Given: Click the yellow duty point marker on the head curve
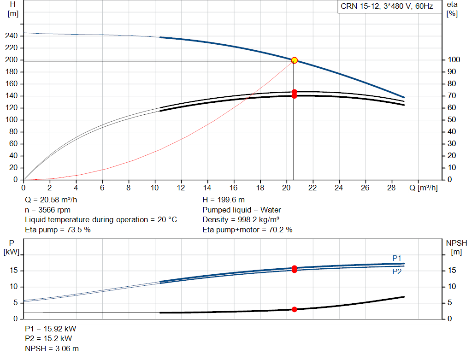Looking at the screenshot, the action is coord(295,60).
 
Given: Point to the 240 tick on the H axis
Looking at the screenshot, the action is coord(12,36).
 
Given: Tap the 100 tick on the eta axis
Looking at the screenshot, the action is coord(454,59).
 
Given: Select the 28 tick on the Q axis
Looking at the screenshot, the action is coord(391,188).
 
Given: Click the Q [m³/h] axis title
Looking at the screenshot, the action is coord(424,188).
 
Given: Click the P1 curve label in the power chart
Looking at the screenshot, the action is coord(397,258).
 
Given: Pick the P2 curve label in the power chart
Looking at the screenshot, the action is coord(397,271).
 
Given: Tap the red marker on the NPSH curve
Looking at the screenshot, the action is coord(295,309).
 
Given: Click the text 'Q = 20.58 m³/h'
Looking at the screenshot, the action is coord(51,200).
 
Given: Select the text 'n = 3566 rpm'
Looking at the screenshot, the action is coord(47,210).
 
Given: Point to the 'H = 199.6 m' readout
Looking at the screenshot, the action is coord(224,200).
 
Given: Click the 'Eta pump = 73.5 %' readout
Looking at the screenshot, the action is coord(58,230).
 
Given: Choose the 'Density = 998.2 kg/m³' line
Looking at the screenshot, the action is coord(241,220).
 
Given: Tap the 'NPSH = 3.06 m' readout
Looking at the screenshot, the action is coord(52,348).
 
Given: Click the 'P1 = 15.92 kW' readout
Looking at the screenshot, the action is coord(50,329).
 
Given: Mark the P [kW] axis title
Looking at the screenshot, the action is coord(12,248).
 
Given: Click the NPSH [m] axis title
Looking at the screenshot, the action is coord(456,248).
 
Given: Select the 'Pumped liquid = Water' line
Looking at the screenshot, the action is coord(242,210).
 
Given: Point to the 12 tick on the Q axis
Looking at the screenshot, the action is coord(181,188).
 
